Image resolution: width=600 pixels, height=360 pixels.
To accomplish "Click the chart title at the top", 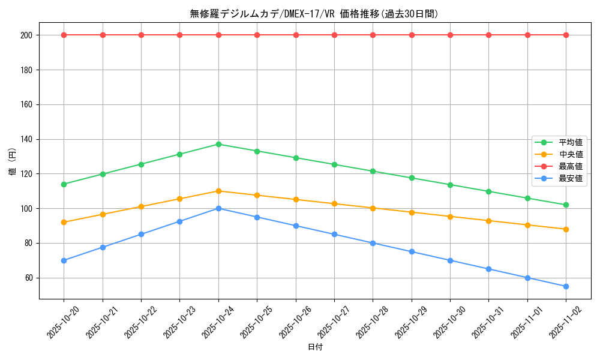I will point(314,14).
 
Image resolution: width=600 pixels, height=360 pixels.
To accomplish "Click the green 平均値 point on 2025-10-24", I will point(218,144).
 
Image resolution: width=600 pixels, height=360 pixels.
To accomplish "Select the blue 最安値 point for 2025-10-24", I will point(218,208).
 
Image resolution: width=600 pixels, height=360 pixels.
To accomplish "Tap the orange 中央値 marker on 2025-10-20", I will point(64,222).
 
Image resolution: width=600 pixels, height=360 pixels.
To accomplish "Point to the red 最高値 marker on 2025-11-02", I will point(566,35).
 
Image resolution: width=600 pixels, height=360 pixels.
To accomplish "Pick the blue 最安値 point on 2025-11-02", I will point(566,286).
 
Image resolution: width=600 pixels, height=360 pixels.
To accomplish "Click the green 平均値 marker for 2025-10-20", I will point(64,184).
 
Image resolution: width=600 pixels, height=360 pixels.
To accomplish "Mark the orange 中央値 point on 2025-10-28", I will point(373,208).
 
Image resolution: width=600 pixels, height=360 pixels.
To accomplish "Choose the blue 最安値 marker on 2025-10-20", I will point(64,260).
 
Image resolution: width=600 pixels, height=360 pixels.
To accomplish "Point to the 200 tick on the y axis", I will point(26,35).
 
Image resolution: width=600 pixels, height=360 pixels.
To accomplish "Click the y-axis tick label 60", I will point(29,278).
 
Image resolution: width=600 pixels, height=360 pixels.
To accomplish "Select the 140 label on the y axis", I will point(26,139).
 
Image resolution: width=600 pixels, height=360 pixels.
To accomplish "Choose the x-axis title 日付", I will point(314,347).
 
